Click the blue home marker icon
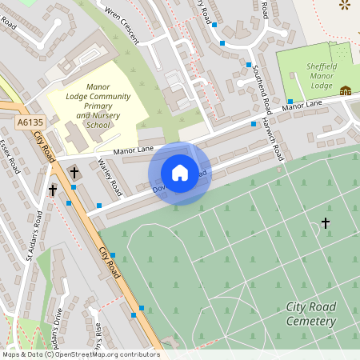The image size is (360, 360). pos(180,173)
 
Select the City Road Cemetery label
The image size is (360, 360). pos(310,314)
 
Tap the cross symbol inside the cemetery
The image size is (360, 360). pos(326,223)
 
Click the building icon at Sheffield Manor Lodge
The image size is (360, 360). pos(346,90)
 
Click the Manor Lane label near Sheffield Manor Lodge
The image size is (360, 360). pos(303,104)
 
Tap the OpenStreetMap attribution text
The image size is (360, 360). pos(80,354)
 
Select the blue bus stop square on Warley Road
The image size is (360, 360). pos(99,205)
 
